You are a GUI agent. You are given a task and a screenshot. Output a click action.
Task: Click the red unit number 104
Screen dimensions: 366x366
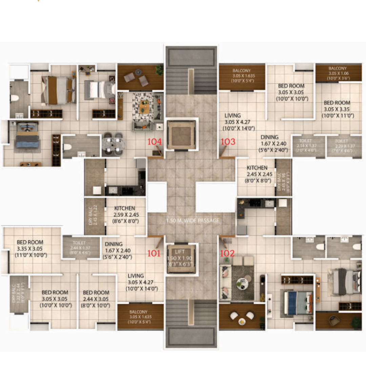pyautogui.click(x=154, y=142)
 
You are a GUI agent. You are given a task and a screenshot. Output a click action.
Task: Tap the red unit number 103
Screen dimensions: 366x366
pyautogui.click(x=228, y=142)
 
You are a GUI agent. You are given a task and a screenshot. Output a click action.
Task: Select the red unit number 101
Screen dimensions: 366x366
pyautogui.click(x=154, y=253)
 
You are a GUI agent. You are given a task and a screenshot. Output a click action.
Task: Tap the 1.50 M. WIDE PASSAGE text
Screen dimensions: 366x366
pyautogui.click(x=193, y=221)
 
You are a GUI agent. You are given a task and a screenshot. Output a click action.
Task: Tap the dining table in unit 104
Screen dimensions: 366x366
pyautogui.click(x=113, y=144)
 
